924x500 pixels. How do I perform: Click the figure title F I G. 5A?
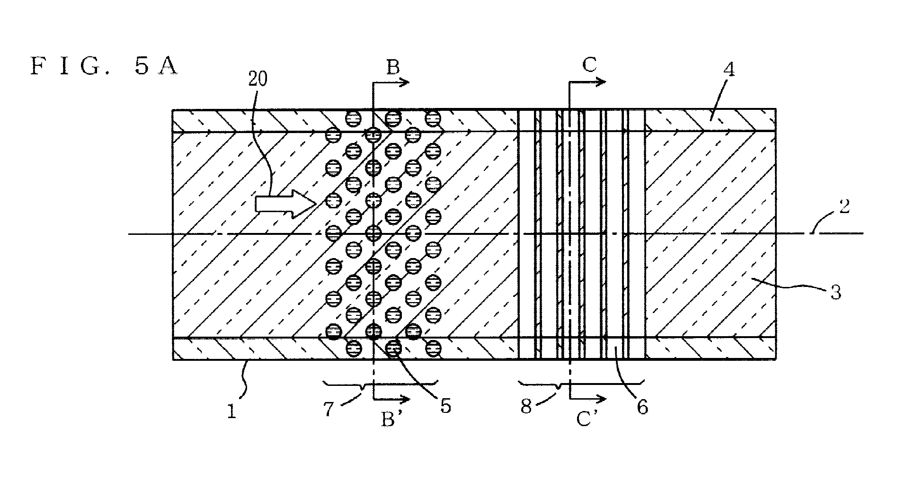pyautogui.click(x=104, y=66)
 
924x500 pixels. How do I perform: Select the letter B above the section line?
pyautogui.click(x=393, y=67)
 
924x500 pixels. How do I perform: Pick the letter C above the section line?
pyautogui.click(x=589, y=65)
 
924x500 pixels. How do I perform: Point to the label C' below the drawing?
pyautogui.click(x=587, y=419)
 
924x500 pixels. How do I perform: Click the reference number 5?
pyautogui.click(x=445, y=406)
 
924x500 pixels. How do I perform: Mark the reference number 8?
pyautogui.click(x=526, y=406)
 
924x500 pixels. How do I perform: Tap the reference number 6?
pyautogui.click(x=642, y=407)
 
